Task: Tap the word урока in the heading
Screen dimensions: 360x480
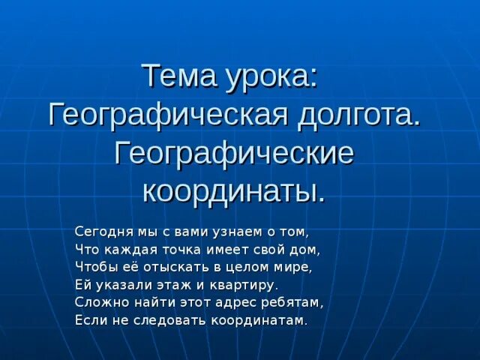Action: [274, 77]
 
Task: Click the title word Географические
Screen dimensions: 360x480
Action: [233, 153]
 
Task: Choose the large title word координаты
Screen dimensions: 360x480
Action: [234, 190]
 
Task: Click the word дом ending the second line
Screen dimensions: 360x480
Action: [307, 249]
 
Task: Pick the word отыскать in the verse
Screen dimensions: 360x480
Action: [178, 267]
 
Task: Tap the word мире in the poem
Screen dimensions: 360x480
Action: [294, 267]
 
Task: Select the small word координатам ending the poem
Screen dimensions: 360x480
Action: [259, 321]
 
